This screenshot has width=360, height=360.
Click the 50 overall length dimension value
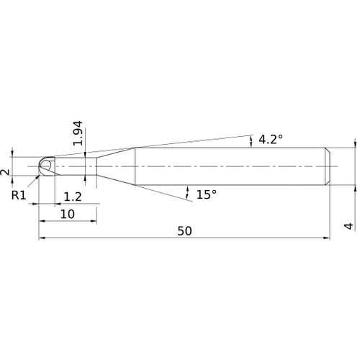point(184,231)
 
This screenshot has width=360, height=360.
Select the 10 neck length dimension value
point(68,214)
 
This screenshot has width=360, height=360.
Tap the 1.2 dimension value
point(73,197)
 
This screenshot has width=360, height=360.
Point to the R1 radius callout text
point(19,195)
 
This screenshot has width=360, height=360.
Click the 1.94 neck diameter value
point(78,133)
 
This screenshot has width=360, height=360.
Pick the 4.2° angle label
point(271,139)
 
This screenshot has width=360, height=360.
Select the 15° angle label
point(207,194)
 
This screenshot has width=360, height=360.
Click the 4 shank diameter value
point(348,226)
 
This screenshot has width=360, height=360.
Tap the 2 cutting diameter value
point(5,172)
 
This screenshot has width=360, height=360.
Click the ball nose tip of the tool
point(40,166)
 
